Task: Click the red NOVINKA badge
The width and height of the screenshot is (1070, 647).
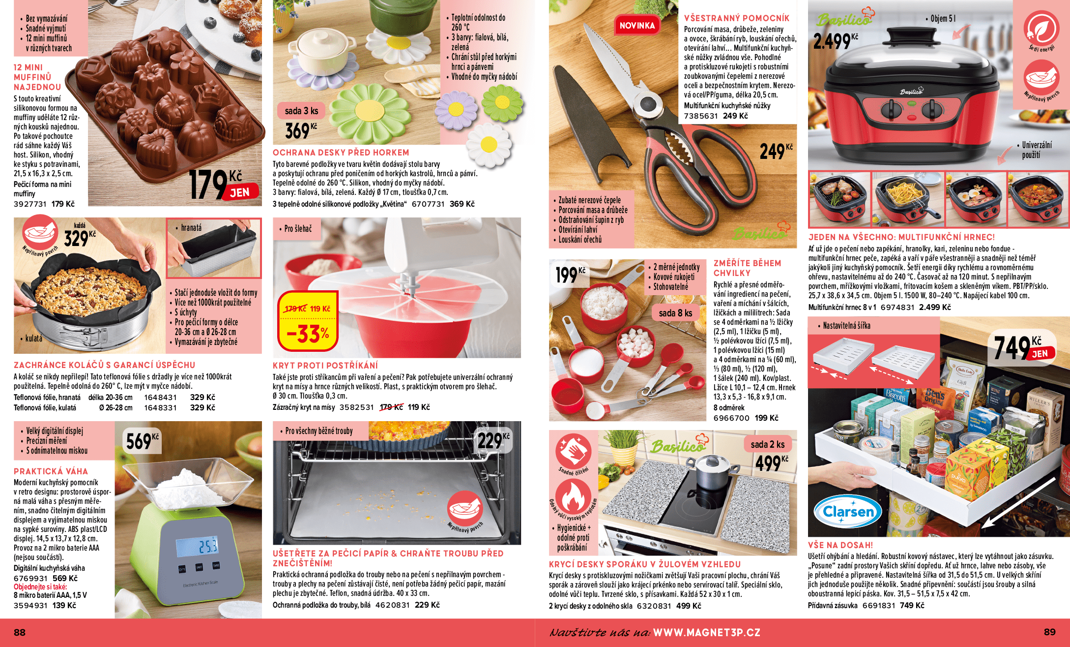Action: coord(637,26)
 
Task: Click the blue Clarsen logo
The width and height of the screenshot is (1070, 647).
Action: coord(848,512)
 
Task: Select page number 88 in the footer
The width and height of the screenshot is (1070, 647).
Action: coord(20,632)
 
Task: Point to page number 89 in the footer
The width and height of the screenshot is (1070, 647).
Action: coord(1049,632)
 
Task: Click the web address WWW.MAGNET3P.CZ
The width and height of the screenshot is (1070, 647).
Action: coord(706,632)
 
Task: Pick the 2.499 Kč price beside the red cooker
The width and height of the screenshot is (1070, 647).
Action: coord(836,41)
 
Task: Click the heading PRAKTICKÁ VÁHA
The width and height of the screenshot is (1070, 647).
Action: coord(51,471)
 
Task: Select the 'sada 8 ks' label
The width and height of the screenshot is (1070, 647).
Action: coord(675,313)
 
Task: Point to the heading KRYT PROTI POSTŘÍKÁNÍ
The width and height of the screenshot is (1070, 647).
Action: coord(325,366)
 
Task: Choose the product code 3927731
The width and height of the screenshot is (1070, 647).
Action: coord(30,204)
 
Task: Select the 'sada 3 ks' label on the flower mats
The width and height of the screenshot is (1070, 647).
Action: coord(301,111)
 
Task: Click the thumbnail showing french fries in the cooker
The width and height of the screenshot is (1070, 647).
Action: coord(908,199)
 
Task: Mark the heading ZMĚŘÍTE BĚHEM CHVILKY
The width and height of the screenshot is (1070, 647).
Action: coord(747,268)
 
